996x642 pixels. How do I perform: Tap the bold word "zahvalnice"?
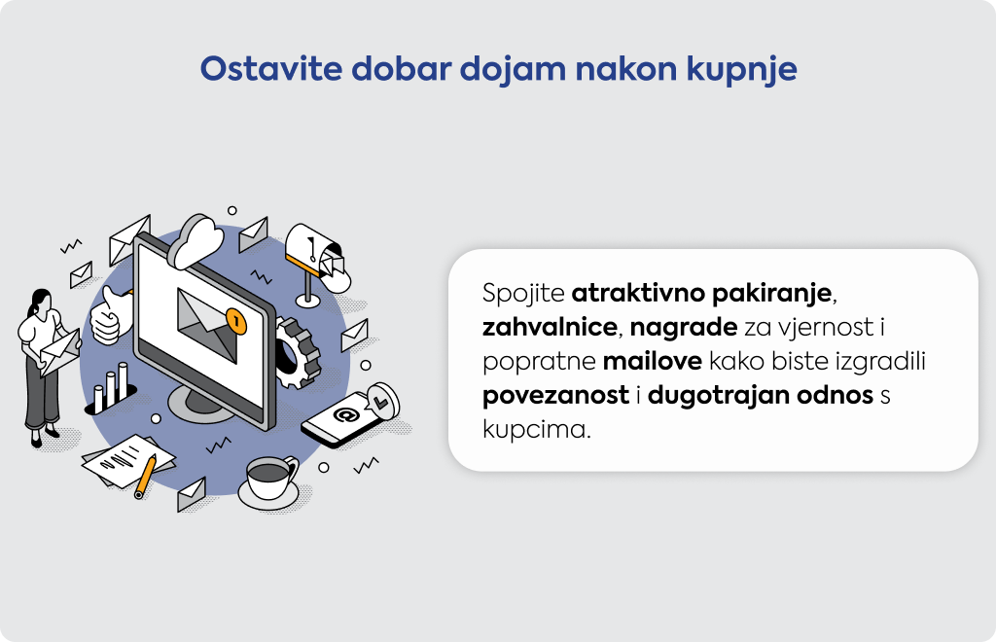[550, 327]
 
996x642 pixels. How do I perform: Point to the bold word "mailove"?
[653, 361]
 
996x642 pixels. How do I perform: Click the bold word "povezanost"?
[555, 396]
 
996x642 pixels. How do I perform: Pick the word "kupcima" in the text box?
[536, 430]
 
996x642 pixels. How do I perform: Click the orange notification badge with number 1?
[235, 321]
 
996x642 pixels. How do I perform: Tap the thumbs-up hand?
[109, 315]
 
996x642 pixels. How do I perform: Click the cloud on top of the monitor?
[196, 242]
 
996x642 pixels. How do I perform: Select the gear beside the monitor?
[297, 352]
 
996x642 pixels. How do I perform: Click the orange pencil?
[145, 477]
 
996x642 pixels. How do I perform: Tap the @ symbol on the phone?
[346, 415]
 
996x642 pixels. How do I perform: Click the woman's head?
[40, 301]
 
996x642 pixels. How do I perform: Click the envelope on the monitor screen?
[207, 325]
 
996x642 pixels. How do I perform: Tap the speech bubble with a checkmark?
[383, 402]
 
